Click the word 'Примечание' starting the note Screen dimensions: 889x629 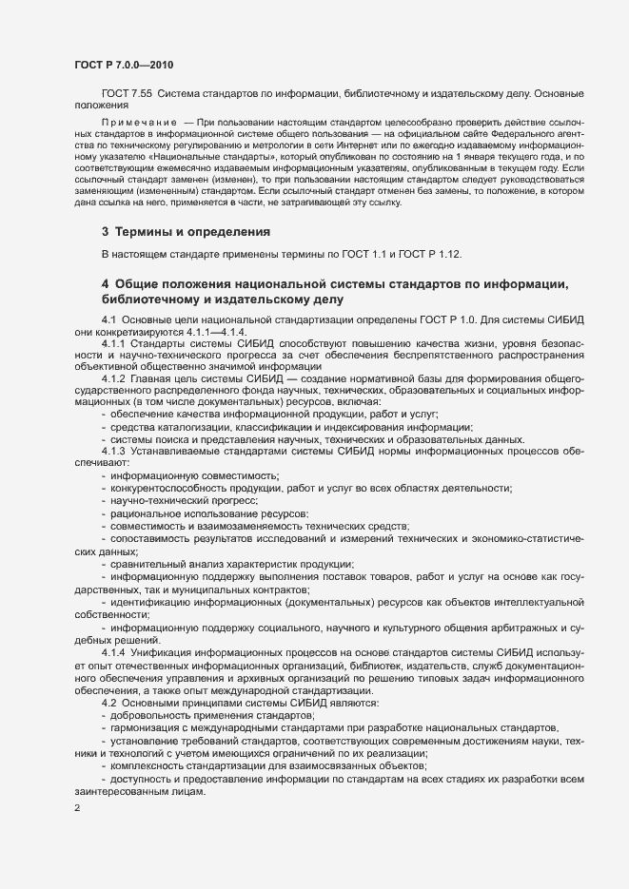pos(139,124)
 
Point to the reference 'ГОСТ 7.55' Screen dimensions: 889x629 pos(126,93)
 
